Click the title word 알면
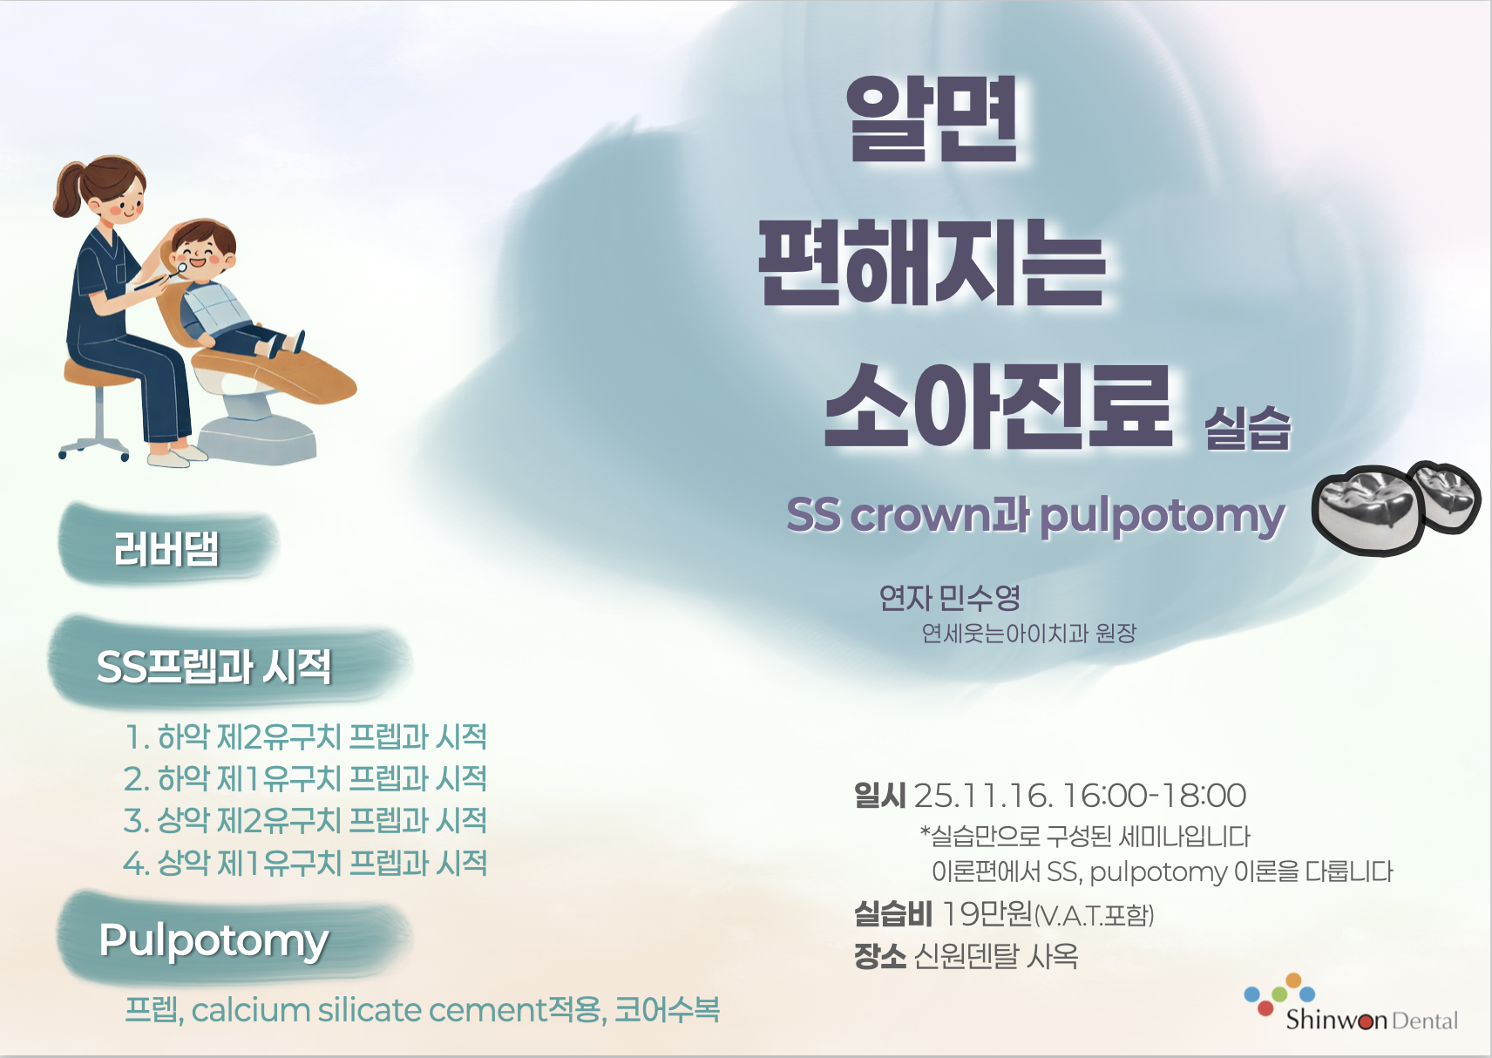(932, 119)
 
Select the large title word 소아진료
(997, 406)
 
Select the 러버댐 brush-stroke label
(166, 550)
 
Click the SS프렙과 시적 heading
(214, 667)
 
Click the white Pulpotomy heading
(214, 941)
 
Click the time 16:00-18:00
(1155, 796)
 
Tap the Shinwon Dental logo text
(1372, 1020)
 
